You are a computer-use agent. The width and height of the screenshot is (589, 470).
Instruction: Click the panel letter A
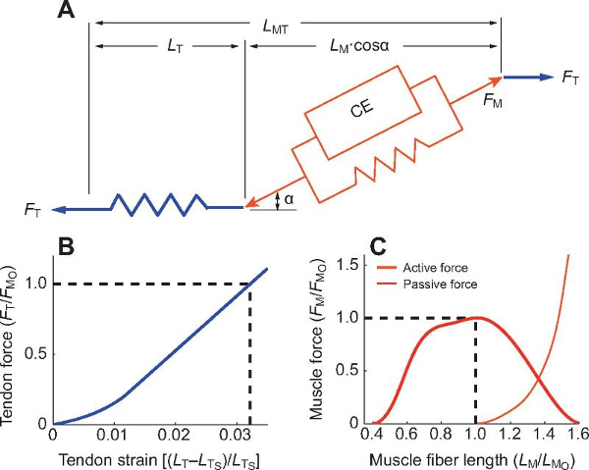(x=66, y=12)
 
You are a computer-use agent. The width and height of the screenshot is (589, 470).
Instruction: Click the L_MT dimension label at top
(x=294, y=21)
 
